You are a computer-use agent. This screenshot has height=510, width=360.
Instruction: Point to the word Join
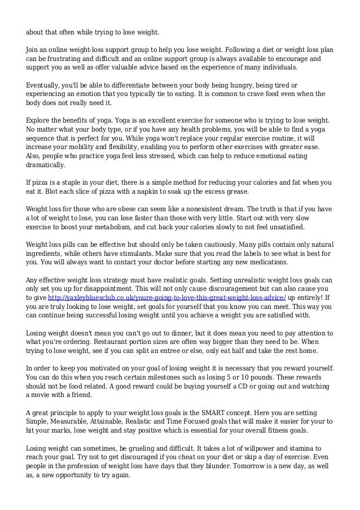[x=33, y=49]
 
